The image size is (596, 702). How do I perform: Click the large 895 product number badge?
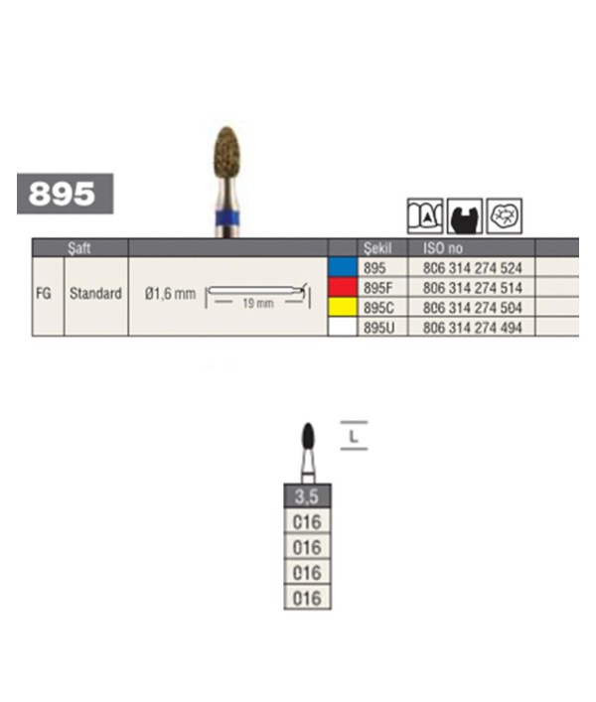coord(65,194)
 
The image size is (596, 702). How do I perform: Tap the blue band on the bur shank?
coord(227,218)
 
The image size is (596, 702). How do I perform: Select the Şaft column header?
coord(79,248)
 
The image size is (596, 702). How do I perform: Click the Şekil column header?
coord(377,248)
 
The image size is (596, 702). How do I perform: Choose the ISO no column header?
coord(443,248)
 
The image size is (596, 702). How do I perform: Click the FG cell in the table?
coord(44,294)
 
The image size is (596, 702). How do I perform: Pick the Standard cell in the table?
coord(95,294)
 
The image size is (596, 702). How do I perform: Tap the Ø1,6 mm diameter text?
coord(170,294)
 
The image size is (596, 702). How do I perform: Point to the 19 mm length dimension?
coord(258,303)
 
